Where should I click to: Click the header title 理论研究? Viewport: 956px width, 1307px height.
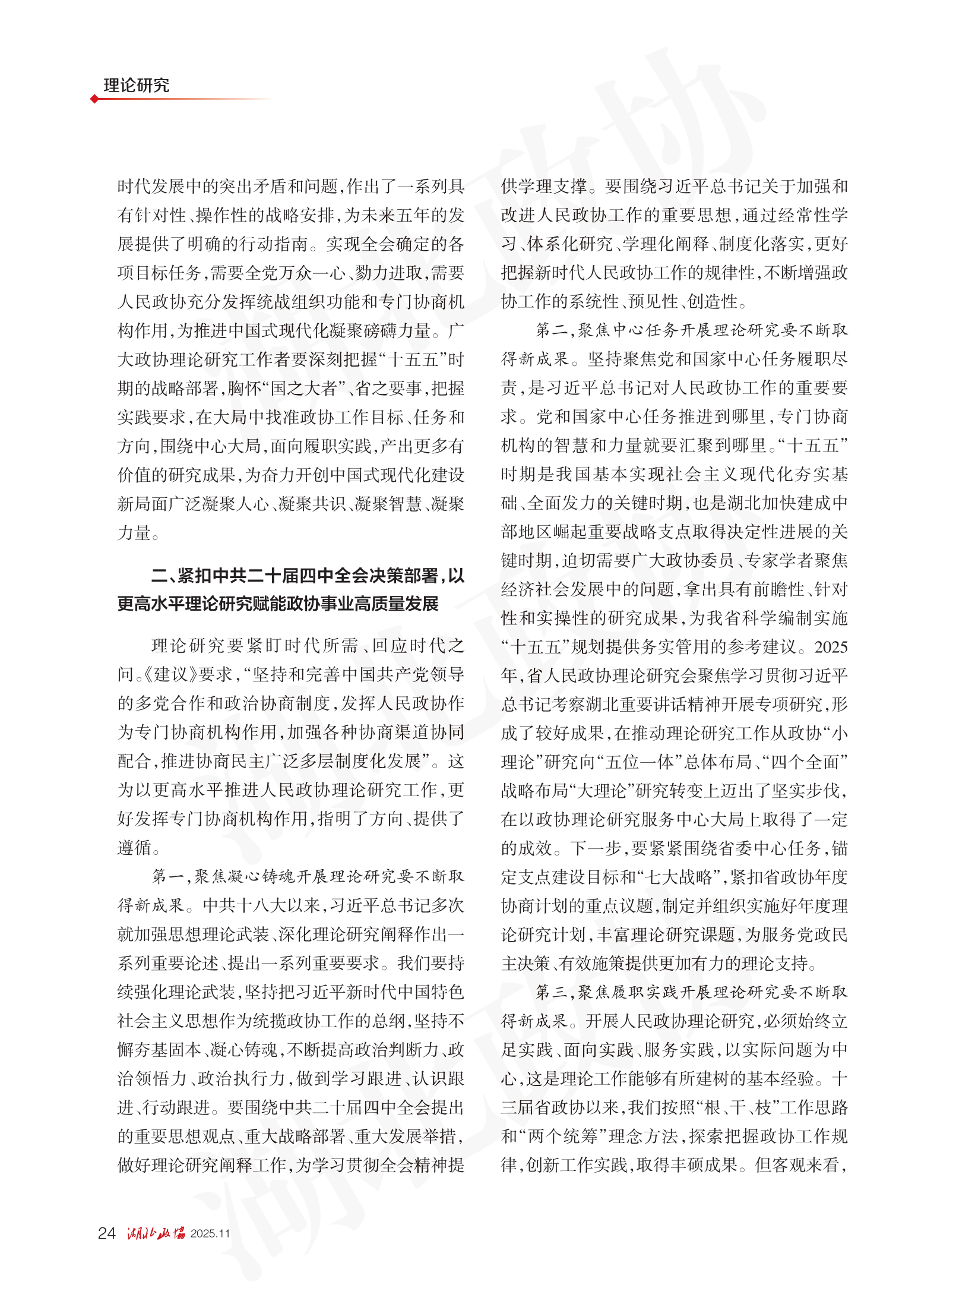click(x=136, y=86)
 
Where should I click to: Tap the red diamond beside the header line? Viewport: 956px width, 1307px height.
click(x=94, y=99)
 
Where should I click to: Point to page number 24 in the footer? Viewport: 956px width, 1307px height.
click(x=106, y=1233)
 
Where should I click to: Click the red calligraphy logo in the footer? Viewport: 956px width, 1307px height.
click(x=156, y=1233)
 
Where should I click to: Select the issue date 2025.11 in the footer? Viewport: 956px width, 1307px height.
click(x=210, y=1234)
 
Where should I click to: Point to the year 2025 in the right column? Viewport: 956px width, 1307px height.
click(x=831, y=647)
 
